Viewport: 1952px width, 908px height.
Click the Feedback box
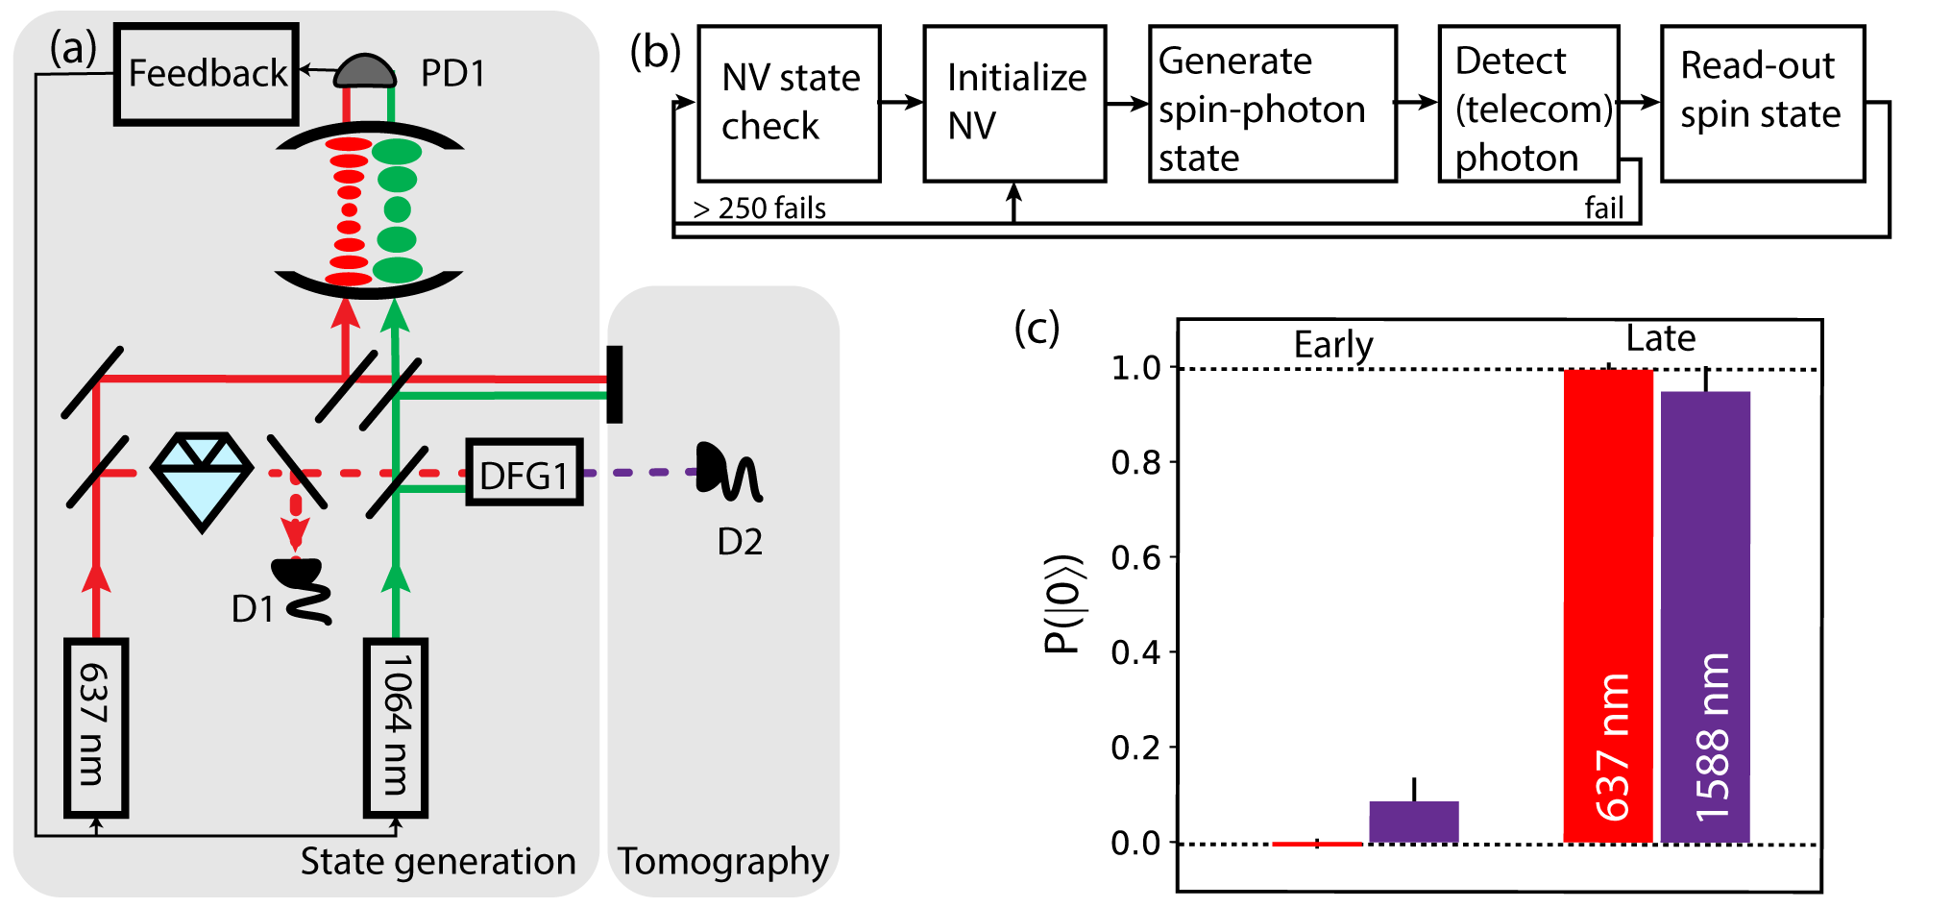tap(207, 74)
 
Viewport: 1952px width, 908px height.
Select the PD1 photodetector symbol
tap(366, 70)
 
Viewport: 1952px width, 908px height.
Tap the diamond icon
tap(202, 479)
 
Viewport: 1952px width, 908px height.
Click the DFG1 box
tap(524, 473)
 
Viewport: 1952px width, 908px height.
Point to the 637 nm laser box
tap(95, 727)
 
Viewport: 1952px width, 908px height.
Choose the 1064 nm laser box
tap(395, 727)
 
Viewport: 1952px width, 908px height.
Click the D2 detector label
tap(740, 542)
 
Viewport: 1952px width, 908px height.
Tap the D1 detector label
tap(253, 608)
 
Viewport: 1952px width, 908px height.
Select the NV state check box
tap(789, 103)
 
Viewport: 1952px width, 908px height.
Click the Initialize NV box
tap(1014, 103)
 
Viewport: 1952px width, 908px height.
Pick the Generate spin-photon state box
tap(1272, 103)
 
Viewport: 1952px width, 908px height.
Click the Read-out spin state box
tap(1762, 103)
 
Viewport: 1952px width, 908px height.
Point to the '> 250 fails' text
tap(759, 209)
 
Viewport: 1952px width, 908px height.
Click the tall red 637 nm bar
tap(1608, 605)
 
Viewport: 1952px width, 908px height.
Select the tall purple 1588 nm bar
tap(1705, 615)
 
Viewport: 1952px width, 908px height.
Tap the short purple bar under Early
tap(1413, 822)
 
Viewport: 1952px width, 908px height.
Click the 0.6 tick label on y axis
tap(1135, 557)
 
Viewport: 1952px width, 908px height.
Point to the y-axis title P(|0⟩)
tap(1063, 603)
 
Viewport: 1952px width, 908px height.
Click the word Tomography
tap(722, 862)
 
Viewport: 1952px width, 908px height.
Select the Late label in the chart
tap(1660, 338)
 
